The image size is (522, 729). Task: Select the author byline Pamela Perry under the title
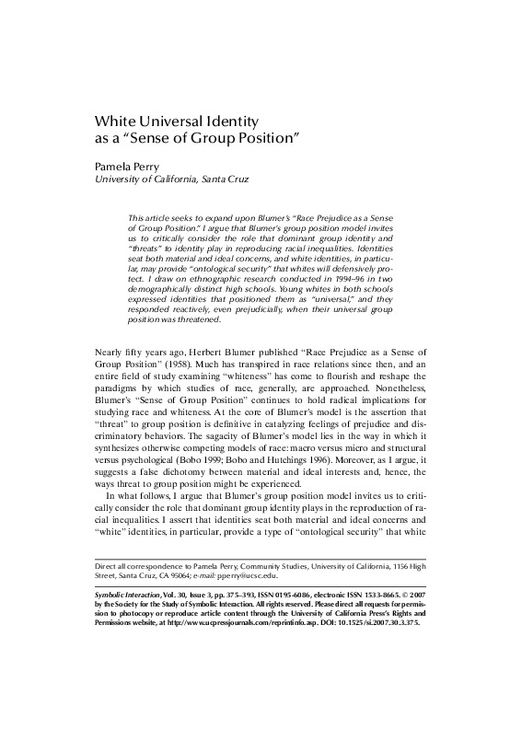tap(134, 167)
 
